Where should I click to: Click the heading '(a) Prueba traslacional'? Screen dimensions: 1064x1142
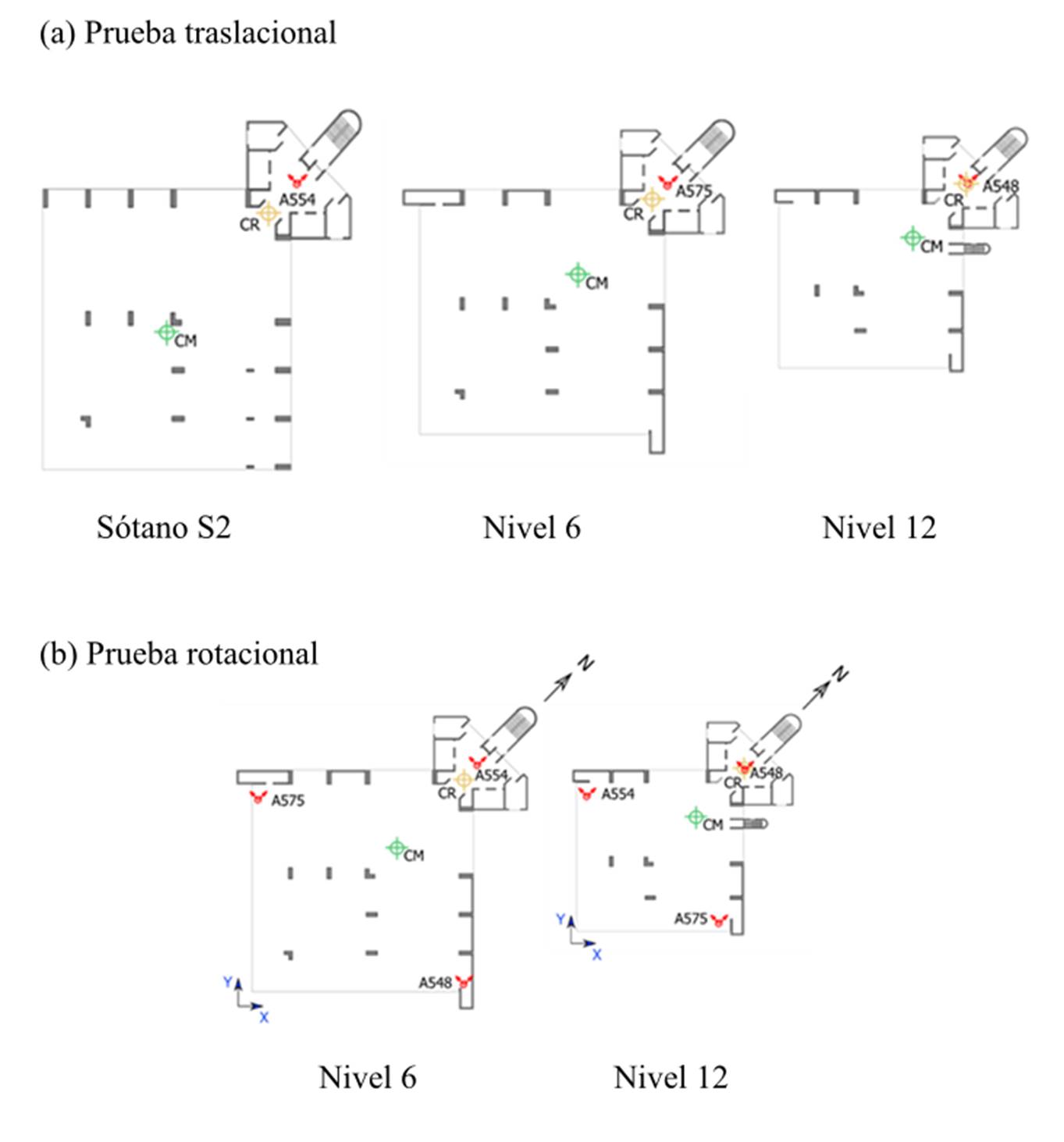(187, 33)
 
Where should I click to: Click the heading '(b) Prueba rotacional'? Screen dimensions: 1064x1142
(178, 653)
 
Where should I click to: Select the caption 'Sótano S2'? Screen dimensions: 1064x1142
(163, 527)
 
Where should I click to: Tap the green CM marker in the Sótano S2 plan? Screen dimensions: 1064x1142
(166, 332)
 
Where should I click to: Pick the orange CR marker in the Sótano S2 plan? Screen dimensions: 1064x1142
(268, 213)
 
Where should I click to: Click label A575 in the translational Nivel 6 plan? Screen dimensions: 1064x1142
(694, 190)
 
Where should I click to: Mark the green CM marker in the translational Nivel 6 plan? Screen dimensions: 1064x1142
(577, 275)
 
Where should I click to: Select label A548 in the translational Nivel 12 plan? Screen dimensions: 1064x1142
(1001, 187)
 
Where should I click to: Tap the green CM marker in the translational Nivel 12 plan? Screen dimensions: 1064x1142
(912, 237)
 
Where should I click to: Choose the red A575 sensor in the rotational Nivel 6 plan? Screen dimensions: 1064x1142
(258, 797)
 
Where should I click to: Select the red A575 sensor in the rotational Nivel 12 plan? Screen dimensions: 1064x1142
(719, 920)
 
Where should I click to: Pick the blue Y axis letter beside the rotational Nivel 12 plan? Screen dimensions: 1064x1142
(560, 919)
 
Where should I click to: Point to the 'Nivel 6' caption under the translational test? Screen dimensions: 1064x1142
(532, 527)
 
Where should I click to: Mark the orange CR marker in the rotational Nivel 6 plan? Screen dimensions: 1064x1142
(463, 780)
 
